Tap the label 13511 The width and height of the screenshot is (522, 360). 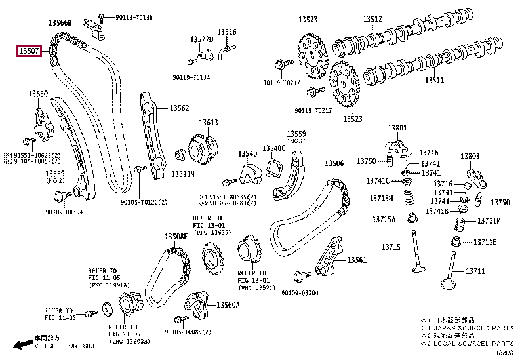(433, 81)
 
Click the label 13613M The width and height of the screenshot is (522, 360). (183, 174)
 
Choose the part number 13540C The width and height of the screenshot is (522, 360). (274, 148)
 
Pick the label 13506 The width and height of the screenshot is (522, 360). (333, 164)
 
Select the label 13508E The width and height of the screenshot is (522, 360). (175, 236)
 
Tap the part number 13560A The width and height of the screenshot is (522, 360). (229, 305)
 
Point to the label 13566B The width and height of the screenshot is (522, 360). (60, 23)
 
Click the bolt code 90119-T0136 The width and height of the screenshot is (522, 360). (133, 16)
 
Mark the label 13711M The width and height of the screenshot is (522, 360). (489, 221)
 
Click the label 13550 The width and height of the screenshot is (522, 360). (38, 94)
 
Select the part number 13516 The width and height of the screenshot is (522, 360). (227, 31)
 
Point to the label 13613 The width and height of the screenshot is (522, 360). (209, 123)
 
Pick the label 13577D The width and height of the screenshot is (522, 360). (202, 40)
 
